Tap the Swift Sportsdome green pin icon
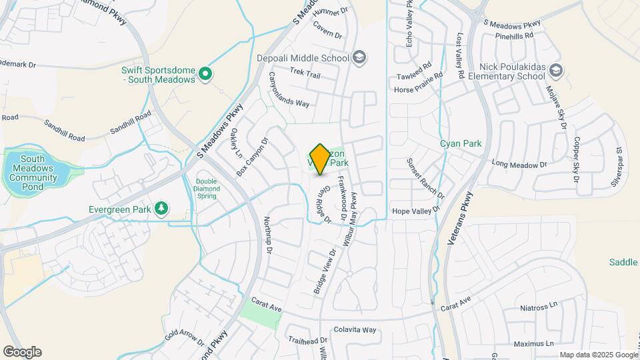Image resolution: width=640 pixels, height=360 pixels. click(x=206, y=74)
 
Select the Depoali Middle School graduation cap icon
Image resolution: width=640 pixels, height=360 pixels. click(x=360, y=57)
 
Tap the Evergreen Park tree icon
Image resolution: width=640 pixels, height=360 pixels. click(x=161, y=209)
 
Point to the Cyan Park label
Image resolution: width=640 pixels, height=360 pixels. click(x=460, y=143)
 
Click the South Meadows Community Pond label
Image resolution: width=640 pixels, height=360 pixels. click(x=37, y=173)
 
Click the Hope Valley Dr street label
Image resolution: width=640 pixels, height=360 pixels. click(x=417, y=210)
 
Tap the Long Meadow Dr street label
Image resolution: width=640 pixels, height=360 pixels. click(x=519, y=164)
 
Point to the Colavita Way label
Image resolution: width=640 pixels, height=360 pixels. click(x=355, y=329)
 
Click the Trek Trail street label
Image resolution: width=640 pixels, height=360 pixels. click(x=305, y=74)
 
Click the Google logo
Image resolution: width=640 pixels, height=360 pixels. click(x=22, y=352)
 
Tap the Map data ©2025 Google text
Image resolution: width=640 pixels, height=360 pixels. click(x=598, y=355)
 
